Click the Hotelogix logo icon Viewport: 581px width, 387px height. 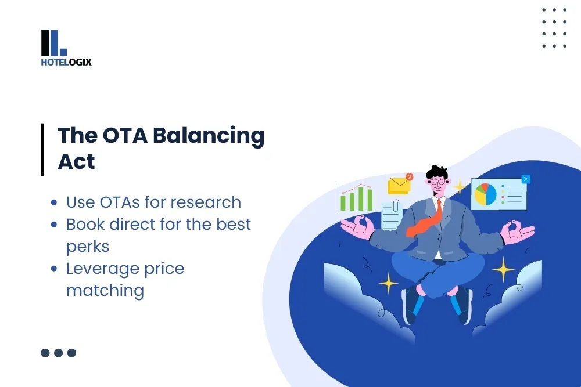54,43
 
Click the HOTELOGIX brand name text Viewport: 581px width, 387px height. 66,62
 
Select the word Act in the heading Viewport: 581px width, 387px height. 76,162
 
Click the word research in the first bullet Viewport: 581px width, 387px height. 206,202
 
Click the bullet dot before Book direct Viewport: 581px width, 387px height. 54,225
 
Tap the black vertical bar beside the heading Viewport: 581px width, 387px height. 42,149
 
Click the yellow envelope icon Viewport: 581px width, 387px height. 399,185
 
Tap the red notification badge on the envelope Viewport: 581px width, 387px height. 409,176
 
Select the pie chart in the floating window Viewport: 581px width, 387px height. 485,194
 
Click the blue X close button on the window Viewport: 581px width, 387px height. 526,179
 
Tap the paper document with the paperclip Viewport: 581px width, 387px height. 392,215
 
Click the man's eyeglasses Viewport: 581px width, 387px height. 437,181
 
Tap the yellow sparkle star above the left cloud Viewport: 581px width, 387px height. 388,283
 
